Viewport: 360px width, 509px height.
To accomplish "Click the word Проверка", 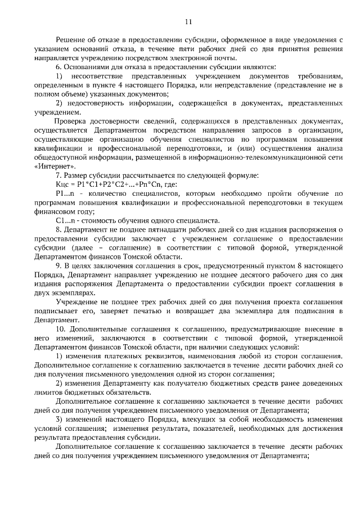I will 71,122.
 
